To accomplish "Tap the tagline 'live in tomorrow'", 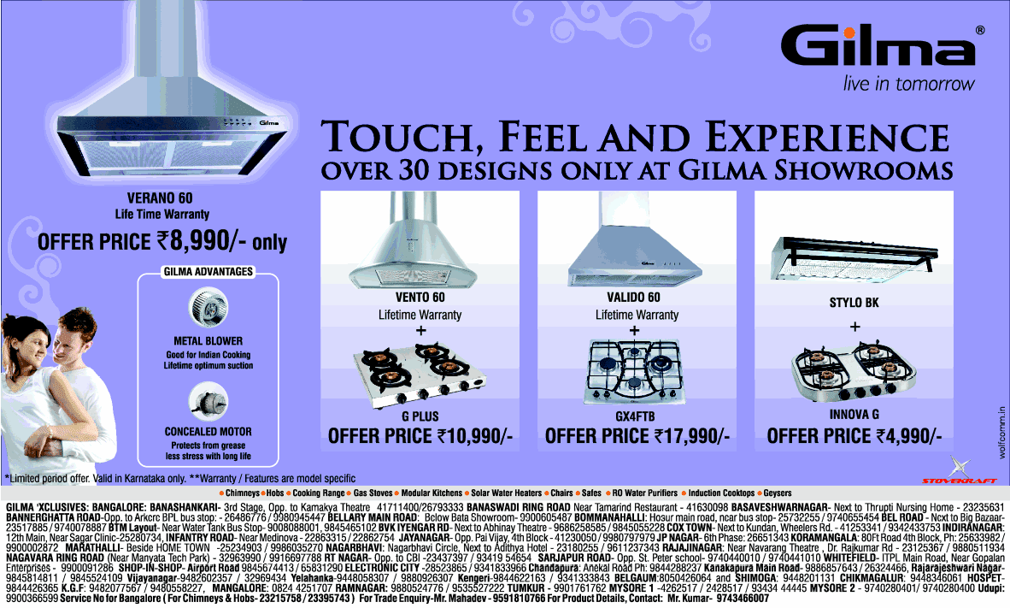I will coord(908,84).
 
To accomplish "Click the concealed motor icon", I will coord(207,398).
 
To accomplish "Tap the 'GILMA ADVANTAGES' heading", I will coord(208,272).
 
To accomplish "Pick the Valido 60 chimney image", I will coord(635,248).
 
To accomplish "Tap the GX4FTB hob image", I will coord(635,374).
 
